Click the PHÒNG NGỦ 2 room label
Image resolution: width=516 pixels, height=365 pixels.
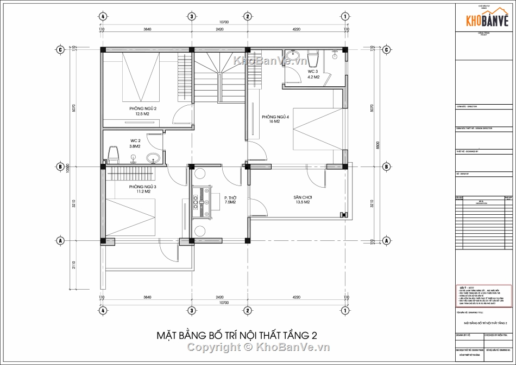coord(142,108)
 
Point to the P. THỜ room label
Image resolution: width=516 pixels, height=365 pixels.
coord(230,197)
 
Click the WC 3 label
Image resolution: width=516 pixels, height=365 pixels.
coord(313,71)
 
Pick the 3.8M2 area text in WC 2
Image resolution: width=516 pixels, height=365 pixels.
coord(134,146)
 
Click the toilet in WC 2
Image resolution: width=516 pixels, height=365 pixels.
coord(114,155)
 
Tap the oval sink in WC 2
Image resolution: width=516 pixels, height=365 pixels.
coord(154,158)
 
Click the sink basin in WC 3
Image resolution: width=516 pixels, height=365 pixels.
coord(295,56)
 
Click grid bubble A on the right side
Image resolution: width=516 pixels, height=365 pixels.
coord(386,240)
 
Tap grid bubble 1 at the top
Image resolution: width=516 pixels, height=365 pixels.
coord(345,16)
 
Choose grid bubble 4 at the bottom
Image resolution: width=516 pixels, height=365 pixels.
coord(102,311)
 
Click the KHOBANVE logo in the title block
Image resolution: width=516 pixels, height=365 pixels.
coord(486,21)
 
